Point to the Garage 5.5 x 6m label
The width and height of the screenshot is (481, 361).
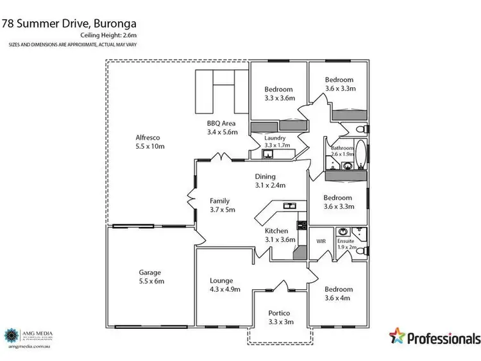tap(152, 276)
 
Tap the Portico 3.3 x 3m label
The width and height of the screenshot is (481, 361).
tap(281, 317)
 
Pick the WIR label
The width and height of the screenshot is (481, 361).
tap(321, 241)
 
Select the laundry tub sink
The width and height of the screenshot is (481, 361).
tap(267, 153)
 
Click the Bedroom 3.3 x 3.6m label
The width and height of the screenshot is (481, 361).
tap(279, 94)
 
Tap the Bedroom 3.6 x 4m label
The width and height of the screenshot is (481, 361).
tap(338, 294)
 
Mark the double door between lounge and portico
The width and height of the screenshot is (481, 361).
tap(281, 287)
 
